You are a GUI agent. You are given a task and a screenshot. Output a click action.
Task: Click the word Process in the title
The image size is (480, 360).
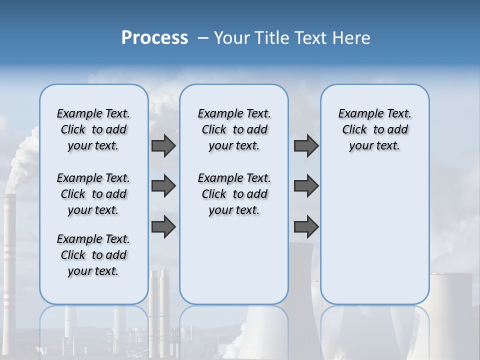(x=154, y=38)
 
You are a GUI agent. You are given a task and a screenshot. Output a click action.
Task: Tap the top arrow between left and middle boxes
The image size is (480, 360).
(x=163, y=145)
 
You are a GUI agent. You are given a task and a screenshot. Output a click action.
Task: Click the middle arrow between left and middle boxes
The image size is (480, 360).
(x=163, y=186)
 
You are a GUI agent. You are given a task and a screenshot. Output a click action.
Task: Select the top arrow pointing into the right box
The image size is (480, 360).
(x=306, y=145)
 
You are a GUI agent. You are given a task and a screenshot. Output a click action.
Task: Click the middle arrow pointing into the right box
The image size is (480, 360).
(x=306, y=186)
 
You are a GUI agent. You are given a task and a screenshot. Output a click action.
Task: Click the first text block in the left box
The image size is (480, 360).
(x=93, y=129)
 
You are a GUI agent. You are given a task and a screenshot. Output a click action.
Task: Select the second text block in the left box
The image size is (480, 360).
(x=93, y=194)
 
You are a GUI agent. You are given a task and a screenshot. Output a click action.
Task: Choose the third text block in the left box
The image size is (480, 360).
(x=93, y=255)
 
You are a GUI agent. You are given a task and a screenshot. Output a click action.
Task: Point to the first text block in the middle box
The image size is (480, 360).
(x=234, y=129)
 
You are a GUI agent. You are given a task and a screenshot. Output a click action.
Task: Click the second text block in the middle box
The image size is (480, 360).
(x=234, y=194)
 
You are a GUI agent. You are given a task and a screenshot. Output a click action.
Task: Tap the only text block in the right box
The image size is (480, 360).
(x=374, y=129)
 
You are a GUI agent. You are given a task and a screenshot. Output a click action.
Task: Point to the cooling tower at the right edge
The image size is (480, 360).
(x=450, y=300)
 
